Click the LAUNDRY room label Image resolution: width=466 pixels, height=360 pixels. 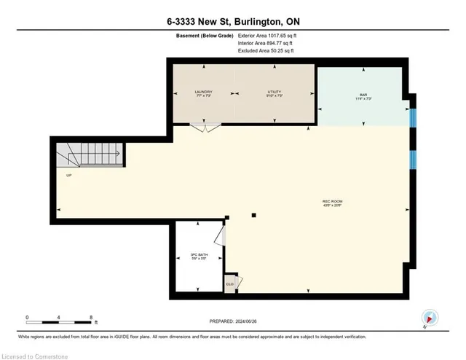click(x=203, y=93)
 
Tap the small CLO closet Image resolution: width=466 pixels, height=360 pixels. click(x=229, y=283)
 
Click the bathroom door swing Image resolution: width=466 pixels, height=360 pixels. click(x=220, y=235)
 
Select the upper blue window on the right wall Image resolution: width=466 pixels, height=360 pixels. click(x=414, y=117)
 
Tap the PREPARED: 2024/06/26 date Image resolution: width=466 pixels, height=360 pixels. click(x=232, y=321)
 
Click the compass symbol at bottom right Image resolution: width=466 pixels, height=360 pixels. click(x=430, y=318)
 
